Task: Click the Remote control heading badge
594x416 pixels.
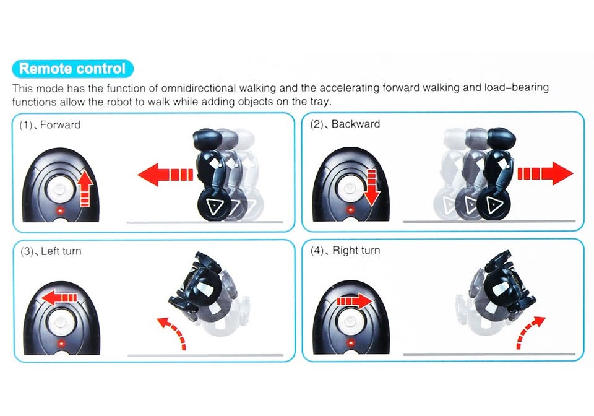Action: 72,69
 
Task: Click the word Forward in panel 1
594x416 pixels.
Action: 60,124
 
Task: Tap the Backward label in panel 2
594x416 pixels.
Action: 356,124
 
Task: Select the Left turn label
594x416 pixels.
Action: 61,251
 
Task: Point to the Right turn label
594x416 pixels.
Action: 356,251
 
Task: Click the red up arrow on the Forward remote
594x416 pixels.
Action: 85,188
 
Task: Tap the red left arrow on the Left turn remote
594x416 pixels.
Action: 59,298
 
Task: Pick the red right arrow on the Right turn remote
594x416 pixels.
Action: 355,301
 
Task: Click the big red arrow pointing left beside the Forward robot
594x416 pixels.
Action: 165,175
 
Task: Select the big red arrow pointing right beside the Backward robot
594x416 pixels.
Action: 545,173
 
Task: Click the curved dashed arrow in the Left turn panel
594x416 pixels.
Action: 175,329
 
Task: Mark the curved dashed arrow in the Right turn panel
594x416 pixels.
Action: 528,329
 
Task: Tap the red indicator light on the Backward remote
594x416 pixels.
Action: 351,209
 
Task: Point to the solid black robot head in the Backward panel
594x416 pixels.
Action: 501,139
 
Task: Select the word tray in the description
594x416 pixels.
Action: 321,102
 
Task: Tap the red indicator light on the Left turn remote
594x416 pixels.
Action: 61,344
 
